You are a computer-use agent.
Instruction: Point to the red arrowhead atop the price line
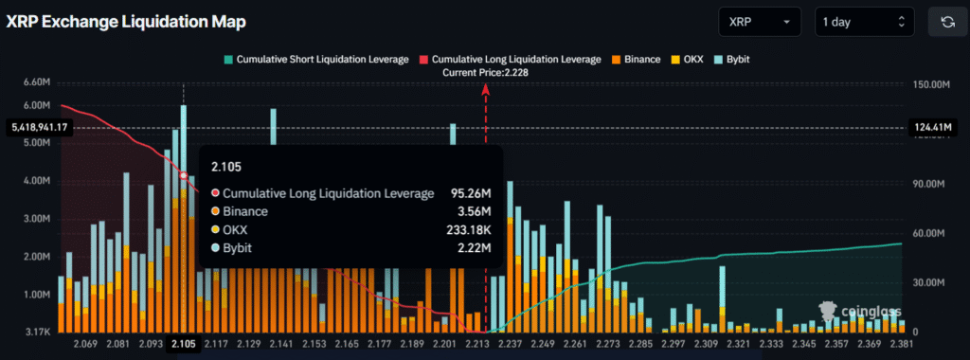[486, 88]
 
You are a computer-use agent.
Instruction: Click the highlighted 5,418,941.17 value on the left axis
[37, 127]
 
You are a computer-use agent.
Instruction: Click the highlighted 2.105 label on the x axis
[183, 346]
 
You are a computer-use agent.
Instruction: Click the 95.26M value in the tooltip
[470, 193]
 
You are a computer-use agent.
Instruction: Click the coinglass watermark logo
[860, 310]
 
